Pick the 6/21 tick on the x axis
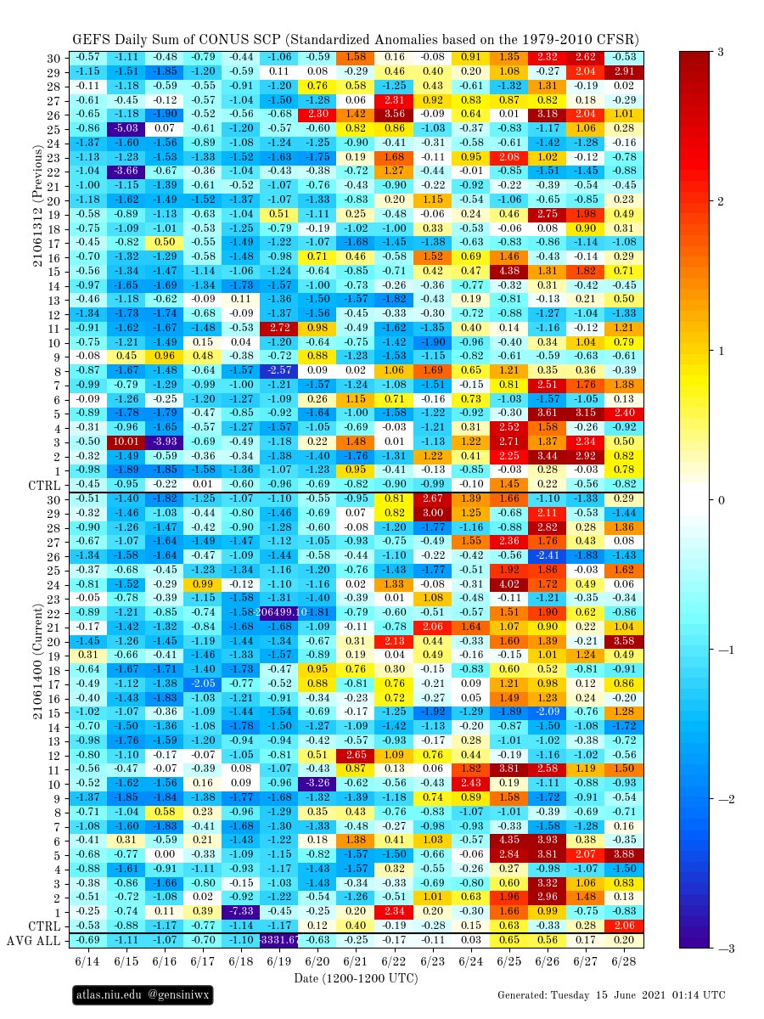356,962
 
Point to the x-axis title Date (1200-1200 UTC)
356,979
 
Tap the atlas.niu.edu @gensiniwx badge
141,994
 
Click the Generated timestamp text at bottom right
611,994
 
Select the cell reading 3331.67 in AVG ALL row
279,940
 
